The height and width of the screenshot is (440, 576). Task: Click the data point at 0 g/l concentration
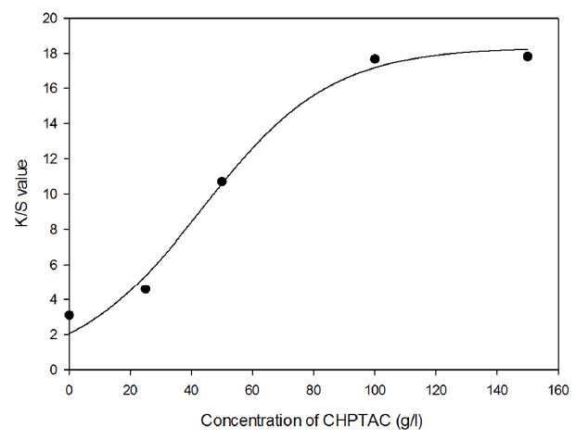coord(69,315)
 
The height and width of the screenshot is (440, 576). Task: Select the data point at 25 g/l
coord(146,289)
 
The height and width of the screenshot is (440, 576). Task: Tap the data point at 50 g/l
coord(222,182)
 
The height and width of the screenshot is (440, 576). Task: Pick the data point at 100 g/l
coord(375,58)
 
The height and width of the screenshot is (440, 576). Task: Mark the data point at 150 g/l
coord(528,57)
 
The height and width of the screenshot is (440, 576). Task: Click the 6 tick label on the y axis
coord(54,265)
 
